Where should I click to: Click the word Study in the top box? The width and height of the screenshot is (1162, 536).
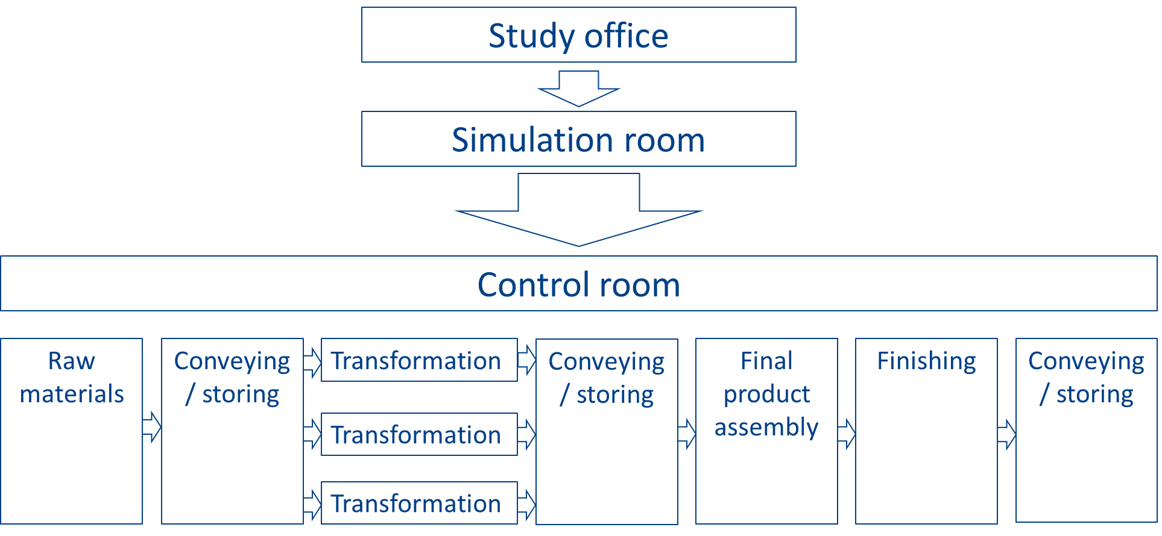[531, 36]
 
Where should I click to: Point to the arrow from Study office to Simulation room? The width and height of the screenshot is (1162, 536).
[578, 88]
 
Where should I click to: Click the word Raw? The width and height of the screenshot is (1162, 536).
[72, 361]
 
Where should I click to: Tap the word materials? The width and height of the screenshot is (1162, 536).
[72, 394]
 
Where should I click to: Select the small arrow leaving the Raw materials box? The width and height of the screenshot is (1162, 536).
[152, 427]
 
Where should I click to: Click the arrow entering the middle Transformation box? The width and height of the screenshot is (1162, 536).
[312, 434]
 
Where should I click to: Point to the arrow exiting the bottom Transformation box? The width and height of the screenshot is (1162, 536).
[526, 504]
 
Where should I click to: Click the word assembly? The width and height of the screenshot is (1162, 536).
[766, 427]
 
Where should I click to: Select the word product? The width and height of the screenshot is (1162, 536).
[766, 394]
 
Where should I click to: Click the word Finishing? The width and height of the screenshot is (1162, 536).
[926, 361]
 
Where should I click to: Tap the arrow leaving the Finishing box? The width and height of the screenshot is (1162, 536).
[1006, 434]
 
